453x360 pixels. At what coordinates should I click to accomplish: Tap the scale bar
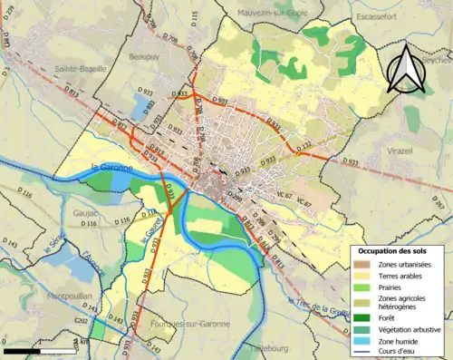37,349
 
